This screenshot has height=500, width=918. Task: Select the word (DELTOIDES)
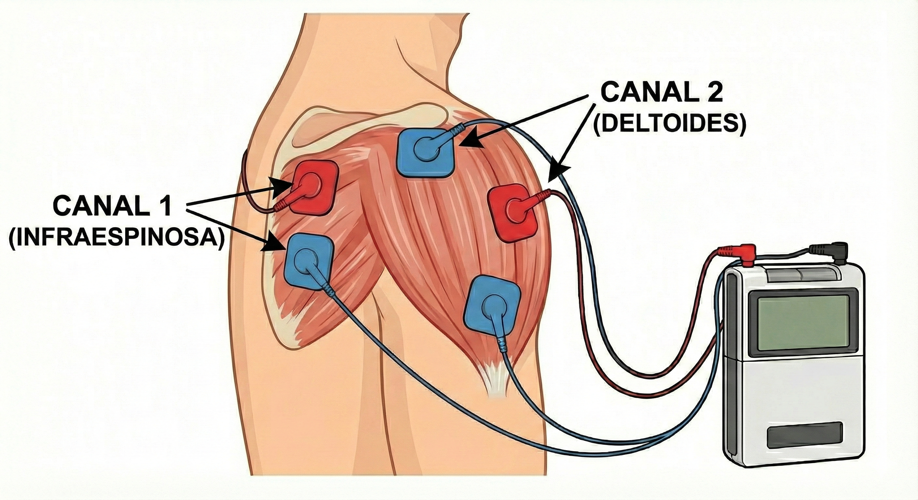point(669,125)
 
